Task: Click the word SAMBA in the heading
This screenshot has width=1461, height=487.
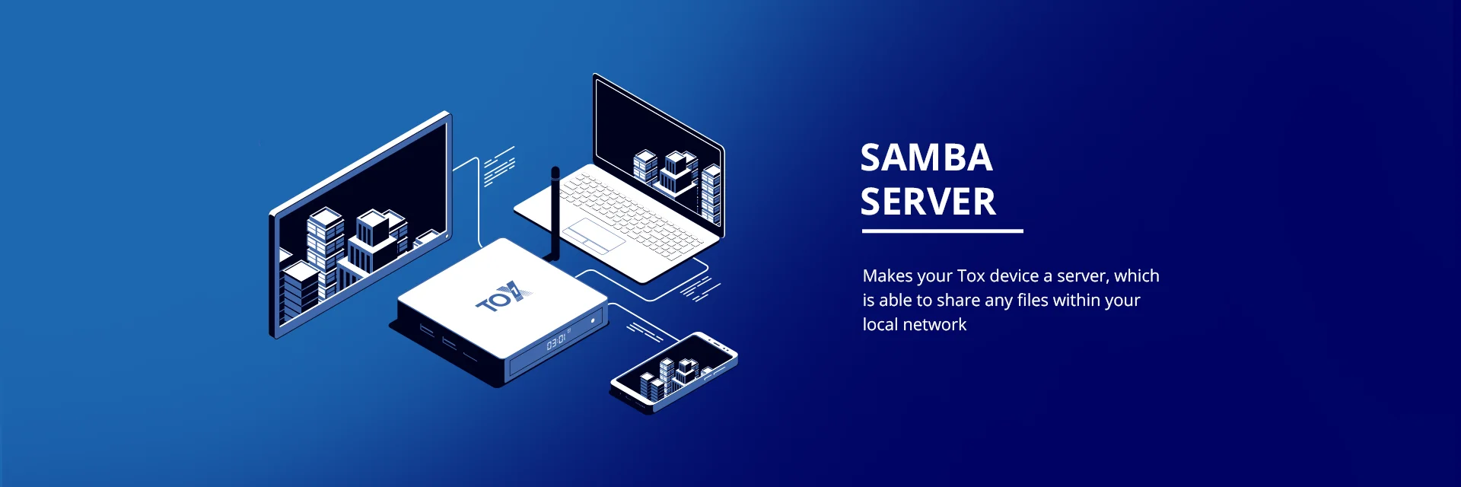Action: point(926,158)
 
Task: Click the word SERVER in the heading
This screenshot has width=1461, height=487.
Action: point(928,202)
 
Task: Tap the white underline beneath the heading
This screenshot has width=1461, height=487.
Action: point(942,231)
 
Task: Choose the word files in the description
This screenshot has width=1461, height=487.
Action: point(1033,301)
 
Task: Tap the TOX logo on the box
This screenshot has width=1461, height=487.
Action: point(502,298)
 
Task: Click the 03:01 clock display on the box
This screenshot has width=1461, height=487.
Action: point(556,342)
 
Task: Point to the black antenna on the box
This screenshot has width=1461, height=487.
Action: point(555,213)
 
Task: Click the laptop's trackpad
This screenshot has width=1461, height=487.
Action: point(593,235)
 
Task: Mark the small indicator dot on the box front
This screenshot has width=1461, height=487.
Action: point(593,321)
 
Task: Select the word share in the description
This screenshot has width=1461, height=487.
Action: point(958,301)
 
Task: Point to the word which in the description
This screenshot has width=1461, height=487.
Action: point(1137,276)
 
